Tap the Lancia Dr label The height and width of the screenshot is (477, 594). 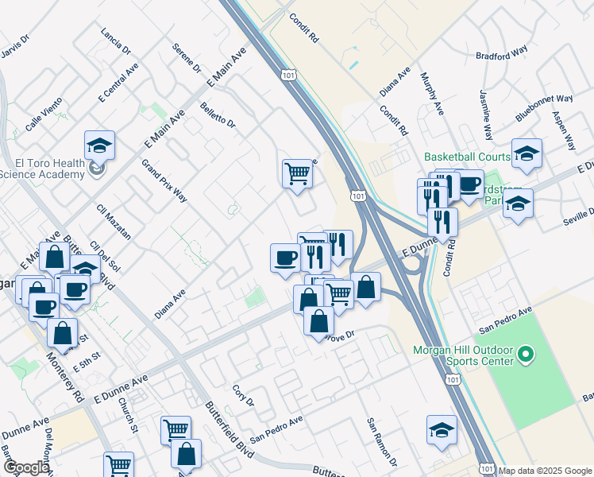[x=116, y=41]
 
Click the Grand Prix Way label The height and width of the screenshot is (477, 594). [x=164, y=181]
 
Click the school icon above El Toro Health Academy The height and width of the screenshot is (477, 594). [x=99, y=145]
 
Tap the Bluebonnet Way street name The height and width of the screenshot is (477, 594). [x=544, y=108]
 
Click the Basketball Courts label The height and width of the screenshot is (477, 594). [x=466, y=157]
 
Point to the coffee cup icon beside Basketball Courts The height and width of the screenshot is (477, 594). [x=469, y=184]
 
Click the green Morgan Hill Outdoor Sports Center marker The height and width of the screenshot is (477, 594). [x=525, y=353]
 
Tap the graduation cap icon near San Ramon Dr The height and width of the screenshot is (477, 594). [x=442, y=430]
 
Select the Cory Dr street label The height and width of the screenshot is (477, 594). [x=243, y=395]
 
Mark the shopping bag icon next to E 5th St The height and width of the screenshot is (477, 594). [x=62, y=335]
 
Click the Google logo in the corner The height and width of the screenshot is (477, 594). [x=25, y=467]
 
